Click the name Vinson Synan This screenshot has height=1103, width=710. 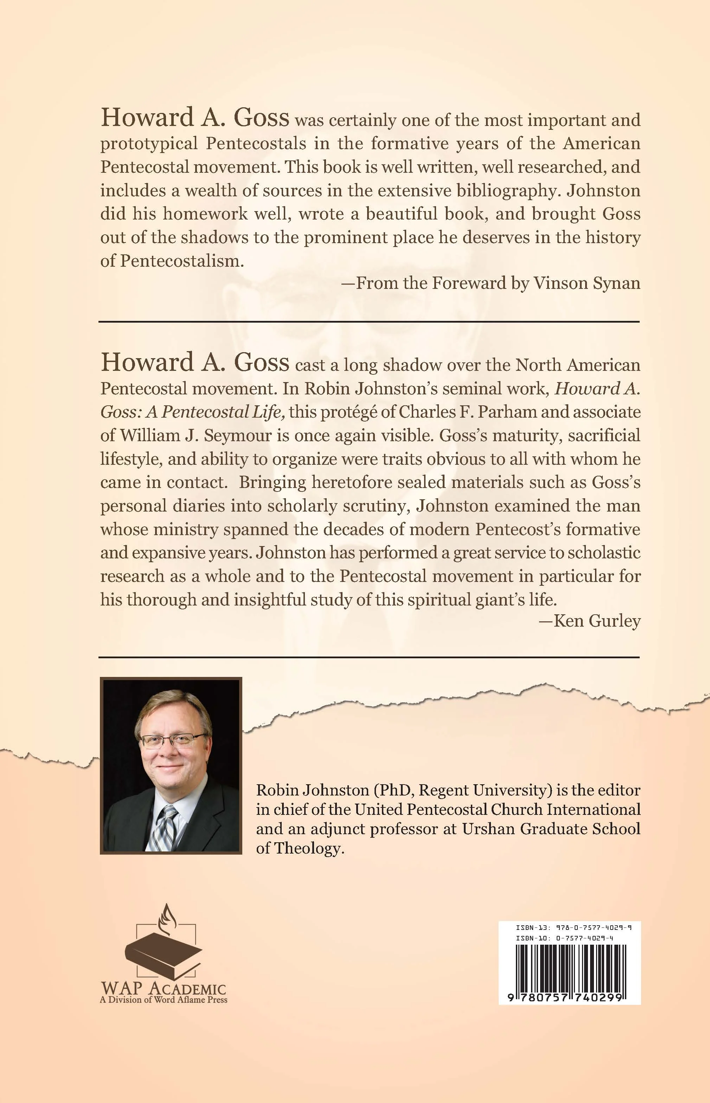pos(587,283)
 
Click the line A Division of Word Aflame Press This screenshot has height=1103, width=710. pos(164,1000)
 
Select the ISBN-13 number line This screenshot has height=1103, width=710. pos(574,927)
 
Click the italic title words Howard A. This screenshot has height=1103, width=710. pos(597,388)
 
